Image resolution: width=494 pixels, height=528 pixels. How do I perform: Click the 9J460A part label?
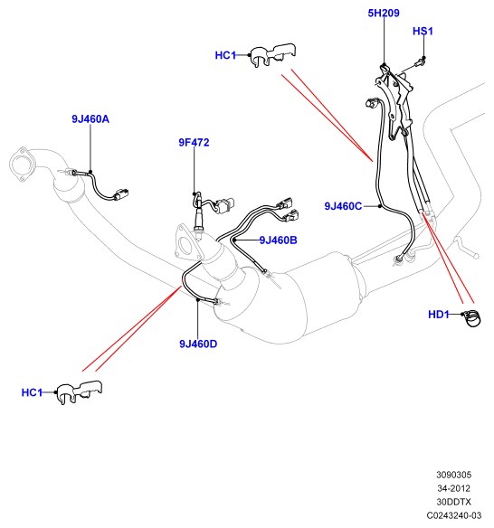point(90,119)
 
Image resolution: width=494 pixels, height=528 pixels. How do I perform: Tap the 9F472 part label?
point(194,143)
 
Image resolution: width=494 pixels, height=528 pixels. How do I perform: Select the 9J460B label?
point(278,240)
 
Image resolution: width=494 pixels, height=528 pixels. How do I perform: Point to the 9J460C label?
point(343,206)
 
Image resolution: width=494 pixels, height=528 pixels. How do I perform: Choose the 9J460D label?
point(198,344)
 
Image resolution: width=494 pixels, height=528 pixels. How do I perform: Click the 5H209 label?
point(384,14)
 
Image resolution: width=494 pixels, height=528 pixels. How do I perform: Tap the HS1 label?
point(423,32)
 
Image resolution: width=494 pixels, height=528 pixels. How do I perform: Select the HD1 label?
point(439,315)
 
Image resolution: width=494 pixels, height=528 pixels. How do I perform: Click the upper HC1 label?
point(225,55)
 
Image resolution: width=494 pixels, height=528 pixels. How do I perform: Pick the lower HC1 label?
point(32,392)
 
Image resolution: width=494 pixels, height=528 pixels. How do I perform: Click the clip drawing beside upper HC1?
point(273,55)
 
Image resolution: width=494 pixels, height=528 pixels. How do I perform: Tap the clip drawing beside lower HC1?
point(80,392)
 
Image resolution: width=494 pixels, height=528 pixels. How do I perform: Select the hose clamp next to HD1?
point(472,318)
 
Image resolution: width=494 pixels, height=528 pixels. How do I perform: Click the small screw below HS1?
point(419,62)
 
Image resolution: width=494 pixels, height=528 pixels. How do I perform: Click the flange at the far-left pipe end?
point(23,165)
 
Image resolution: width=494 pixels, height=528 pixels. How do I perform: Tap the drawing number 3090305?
point(453,475)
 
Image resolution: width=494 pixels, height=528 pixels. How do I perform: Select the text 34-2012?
point(453,488)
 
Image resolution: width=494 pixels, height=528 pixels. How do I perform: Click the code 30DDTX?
point(453,502)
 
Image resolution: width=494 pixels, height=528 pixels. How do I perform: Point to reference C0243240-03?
point(453,515)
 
